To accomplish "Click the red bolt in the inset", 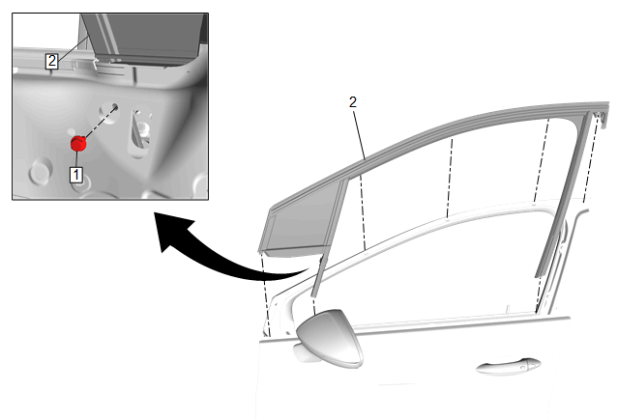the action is pos(78,143).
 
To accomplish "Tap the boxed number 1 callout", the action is pos(76,175).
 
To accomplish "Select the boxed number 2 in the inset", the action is pos(51,61).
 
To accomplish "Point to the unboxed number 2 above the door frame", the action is pos(353,102).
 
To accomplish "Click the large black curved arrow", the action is pos(221,252).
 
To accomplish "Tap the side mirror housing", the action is pos(331,338).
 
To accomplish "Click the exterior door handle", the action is pos(508,366).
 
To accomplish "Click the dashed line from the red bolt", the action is pos(101,122).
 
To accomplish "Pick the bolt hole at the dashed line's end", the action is pos(115,106).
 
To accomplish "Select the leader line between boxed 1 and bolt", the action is pos(76,159).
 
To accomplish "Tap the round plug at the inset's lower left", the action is pos(40,170).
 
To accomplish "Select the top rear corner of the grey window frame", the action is pos(606,104).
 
